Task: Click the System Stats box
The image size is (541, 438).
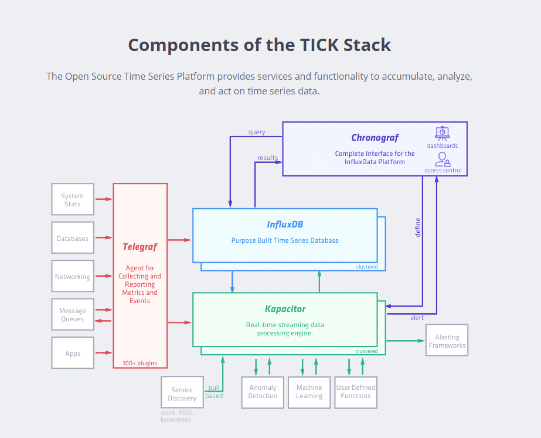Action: (x=73, y=199)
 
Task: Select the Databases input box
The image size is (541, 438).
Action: (x=73, y=238)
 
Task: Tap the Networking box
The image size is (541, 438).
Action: (x=73, y=276)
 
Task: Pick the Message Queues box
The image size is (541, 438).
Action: (x=73, y=314)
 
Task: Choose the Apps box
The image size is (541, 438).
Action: (x=73, y=353)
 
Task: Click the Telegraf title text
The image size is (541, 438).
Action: (x=139, y=247)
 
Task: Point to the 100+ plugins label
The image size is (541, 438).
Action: (x=139, y=363)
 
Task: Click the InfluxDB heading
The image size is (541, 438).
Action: (x=285, y=225)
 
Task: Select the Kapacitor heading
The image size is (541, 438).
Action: (x=285, y=309)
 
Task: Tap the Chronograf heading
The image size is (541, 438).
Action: (x=375, y=138)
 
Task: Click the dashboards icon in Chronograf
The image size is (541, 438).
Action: (x=443, y=133)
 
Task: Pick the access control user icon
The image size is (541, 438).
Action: (x=443, y=159)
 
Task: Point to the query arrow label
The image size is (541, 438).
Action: (x=257, y=132)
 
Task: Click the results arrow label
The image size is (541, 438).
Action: (x=267, y=158)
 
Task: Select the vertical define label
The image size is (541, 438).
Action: (x=418, y=228)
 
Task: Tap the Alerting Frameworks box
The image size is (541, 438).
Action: (x=447, y=340)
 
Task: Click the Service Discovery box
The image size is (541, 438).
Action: (x=182, y=392)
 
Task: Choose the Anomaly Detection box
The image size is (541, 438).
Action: (x=263, y=392)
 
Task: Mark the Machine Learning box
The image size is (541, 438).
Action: (x=309, y=392)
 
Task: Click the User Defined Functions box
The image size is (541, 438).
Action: (x=356, y=392)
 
